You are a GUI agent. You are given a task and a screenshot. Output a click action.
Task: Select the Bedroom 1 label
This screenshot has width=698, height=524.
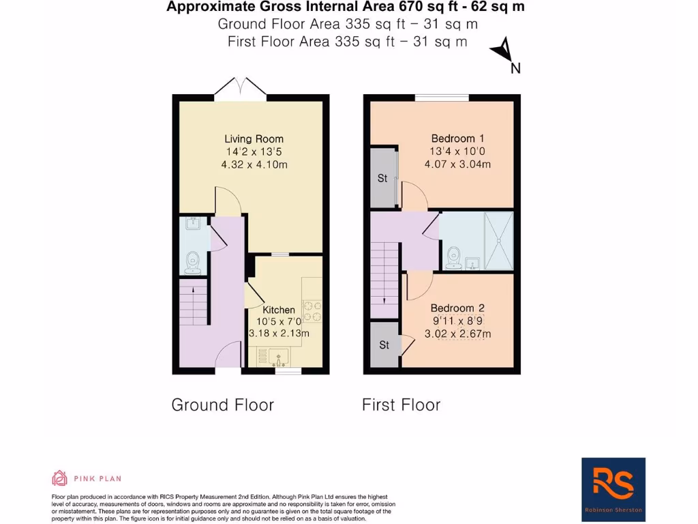pyautogui.click(x=457, y=139)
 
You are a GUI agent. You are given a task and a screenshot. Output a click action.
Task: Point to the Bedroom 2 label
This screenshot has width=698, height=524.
pyautogui.click(x=457, y=308)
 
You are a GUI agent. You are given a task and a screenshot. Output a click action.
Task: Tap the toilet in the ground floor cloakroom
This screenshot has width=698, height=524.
pyautogui.click(x=192, y=261)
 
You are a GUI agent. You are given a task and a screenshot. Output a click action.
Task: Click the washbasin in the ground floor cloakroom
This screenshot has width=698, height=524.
pyautogui.click(x=192, y=224)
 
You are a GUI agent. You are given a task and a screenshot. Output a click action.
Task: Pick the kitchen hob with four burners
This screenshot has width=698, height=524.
pyautogui.click(x=312, y=311)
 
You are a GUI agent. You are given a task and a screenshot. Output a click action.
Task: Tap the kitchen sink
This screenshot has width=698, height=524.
pyautogui.click(x=277, y=355)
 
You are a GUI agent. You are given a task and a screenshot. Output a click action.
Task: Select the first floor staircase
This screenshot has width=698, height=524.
pyautogui.click(x=385, y=279)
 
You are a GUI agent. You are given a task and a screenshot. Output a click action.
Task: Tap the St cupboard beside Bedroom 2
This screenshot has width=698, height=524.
pyautogui.click(x=384, y=345)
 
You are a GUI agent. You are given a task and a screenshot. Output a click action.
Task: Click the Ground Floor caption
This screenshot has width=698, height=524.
pyautogui.click(x=222, y=405)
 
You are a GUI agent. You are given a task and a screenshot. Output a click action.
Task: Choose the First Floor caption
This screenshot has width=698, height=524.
pyautogui.click(x=401, y=405)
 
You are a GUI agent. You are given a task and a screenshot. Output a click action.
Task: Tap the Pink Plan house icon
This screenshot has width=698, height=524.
pyautogui.click(x=60, y=478)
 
